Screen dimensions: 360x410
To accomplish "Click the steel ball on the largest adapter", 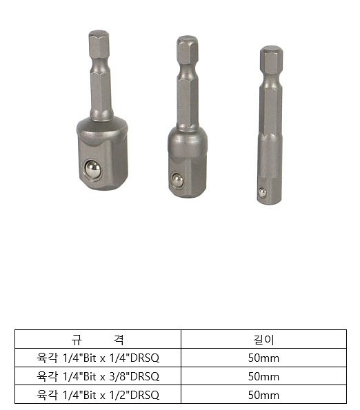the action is [93, 169].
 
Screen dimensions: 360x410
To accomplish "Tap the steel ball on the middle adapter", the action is [177, 180].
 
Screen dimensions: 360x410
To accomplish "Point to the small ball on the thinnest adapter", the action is [262, 192].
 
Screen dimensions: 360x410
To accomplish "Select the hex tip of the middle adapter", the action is [187, 50].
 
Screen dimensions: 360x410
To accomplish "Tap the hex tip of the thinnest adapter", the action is [271, 59].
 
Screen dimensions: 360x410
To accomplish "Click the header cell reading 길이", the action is [263, 340].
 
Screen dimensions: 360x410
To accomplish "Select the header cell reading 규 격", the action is [97, 340].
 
